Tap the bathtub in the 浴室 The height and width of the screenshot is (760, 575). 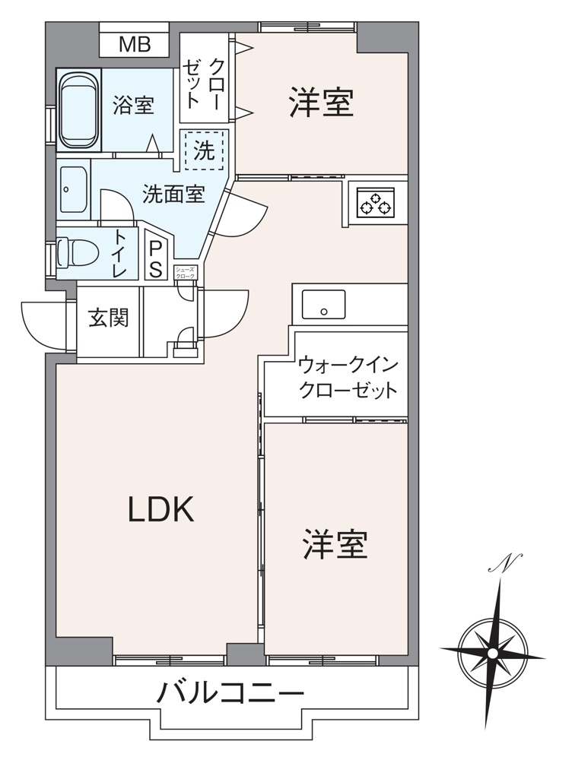tap(79, 109)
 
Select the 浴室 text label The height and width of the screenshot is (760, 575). tap(133, 105)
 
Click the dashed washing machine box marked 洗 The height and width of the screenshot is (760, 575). tap(203, 150)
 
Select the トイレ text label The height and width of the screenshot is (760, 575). tap(121, 252)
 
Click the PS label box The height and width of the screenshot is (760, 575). tap(155, 258)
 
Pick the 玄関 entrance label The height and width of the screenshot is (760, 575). tap(109, 318)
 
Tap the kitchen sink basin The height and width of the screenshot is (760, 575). tap(323, 304)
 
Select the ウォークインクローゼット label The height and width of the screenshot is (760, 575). tap(348, 377)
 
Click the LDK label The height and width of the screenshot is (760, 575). tap(160, 510)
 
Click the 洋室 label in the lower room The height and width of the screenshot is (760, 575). tap(335, 544)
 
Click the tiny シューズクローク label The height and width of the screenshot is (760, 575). tap(186, 272)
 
